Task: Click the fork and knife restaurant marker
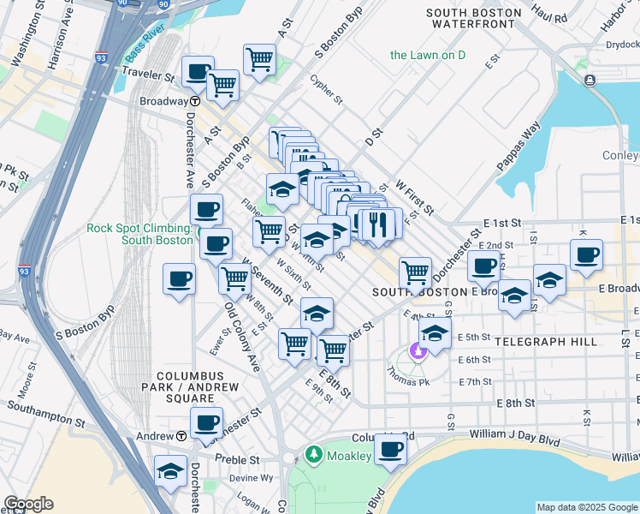click(x=377, y=224)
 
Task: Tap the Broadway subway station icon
click(x=195, y=100)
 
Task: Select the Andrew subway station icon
click(x=181, y=435)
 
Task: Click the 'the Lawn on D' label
click(x=427, y=55)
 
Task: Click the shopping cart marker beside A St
click(x=259, y=60)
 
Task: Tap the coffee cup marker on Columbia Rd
click(x=391, y=449)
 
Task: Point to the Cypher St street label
click(x=326, y=88)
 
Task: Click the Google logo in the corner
click(x=28, y=504)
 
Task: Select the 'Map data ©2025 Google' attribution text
click(x=587, y=507)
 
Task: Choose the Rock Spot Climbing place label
click(x=137, y=233)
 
